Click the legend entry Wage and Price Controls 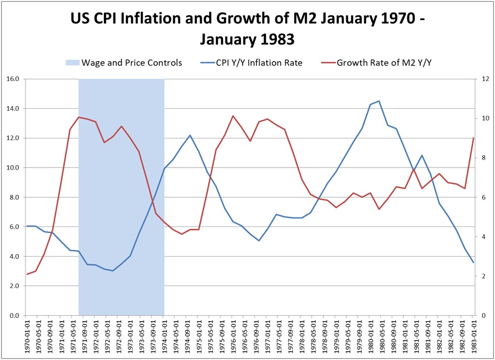pos(131,63)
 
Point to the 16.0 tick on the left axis pos(12,79)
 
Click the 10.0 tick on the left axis pos(12,168)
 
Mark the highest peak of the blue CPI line pos(379,101)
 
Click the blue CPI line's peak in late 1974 pos(190,135)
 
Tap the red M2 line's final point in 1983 pos(473,138)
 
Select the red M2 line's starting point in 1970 pos(28,274)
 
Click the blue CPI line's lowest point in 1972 pos(113,270)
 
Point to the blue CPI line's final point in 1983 pos(473,263)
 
